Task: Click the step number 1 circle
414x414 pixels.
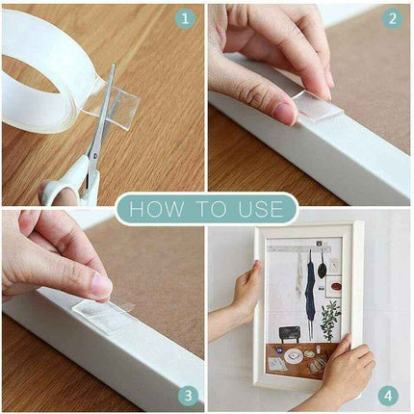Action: tap(185, 19)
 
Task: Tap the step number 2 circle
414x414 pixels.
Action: tap(392, 19)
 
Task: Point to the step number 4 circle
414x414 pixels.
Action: tap(388, 396)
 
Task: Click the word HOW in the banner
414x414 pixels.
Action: tap(157, 209)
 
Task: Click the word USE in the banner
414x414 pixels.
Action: tap(261, 209)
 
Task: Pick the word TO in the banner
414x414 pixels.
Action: tap(211, 209)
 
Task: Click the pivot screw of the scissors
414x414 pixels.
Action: tap(94, 156)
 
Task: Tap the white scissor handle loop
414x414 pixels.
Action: tap(60, 193)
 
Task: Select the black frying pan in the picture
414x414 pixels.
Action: tap(322, 268)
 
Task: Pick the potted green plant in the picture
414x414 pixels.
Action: tap(330, 321)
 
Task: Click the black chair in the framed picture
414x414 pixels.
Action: tap(290, 335)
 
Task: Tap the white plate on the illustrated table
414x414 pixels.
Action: tap(293, 355)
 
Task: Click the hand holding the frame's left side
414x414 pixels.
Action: tap(246, 292)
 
